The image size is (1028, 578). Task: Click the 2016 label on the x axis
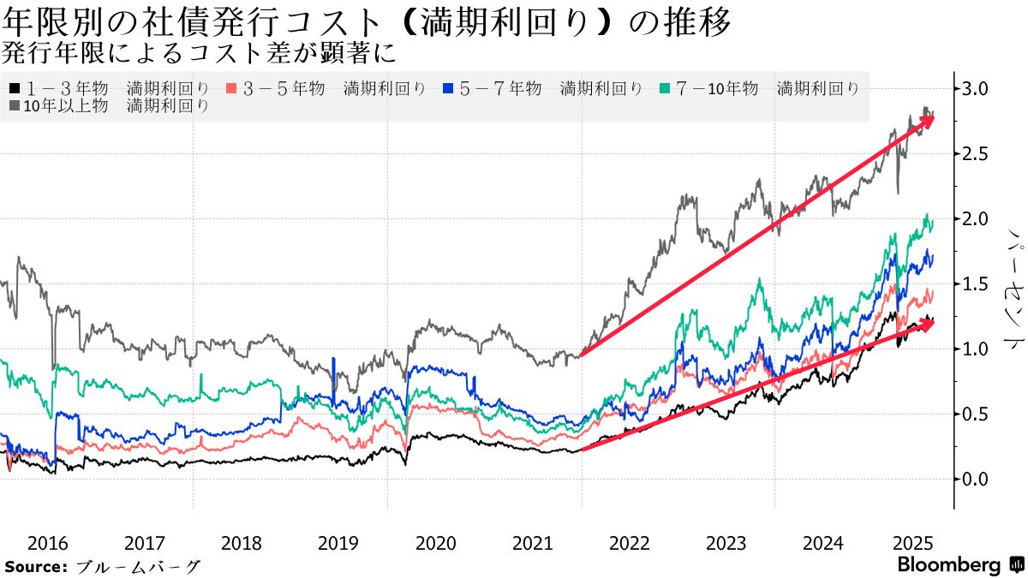coord(48,543)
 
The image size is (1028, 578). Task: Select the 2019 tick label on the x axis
coord(338,543)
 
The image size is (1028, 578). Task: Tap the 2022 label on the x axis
coord(630,543)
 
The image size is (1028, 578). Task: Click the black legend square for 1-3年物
coord(15,88)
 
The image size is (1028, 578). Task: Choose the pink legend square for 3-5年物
coord(230,88)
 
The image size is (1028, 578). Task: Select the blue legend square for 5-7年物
coord(447,88)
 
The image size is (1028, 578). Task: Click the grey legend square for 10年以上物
coord(15,106)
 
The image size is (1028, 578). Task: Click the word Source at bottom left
coord(35,567)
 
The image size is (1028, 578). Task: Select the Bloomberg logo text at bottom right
coord(948,565)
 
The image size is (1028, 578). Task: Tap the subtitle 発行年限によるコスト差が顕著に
coord(198,53)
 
